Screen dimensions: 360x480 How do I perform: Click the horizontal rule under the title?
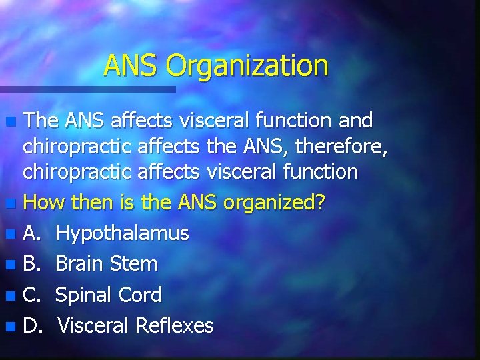pyautogui.click(x=87, y=89)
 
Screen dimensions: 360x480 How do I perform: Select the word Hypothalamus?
pyautogui.click(x=122, y=233)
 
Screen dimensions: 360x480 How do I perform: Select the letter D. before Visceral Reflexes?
pyautogui.click(x=33, y=325)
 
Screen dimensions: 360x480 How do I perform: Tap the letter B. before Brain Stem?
pyautogui.click(x=32, y=264)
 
